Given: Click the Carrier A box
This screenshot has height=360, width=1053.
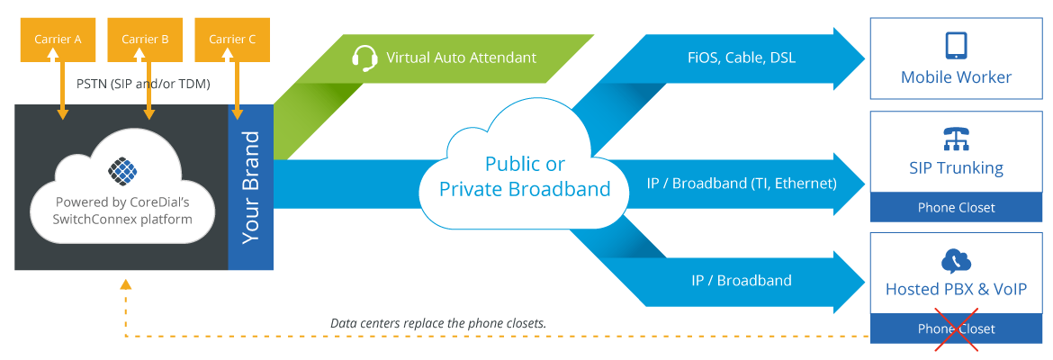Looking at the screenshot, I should coord(58,40).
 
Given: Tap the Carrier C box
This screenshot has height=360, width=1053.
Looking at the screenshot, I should coord(232,40).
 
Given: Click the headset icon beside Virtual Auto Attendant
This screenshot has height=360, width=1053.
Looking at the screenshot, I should coord(364,58).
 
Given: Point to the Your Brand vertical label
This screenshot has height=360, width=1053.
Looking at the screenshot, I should coord(251,187).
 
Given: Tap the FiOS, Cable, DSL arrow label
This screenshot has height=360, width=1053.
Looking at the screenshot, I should coord(742,58).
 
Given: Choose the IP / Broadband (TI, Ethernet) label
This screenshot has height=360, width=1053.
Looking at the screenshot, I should coord(742,183).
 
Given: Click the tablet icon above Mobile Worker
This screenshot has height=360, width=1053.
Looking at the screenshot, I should coord(955,45).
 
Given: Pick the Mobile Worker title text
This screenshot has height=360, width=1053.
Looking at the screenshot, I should coord(956,77).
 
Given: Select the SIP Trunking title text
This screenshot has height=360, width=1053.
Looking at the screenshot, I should coord(956,168).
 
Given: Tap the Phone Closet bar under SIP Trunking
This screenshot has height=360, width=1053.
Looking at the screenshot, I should coord(956,208).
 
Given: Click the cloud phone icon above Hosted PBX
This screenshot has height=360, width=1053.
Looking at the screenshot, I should coord(956,260).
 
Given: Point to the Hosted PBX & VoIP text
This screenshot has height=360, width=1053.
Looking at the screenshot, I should coord(956,289).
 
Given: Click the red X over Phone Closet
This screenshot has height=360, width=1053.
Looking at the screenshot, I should coord(956,329).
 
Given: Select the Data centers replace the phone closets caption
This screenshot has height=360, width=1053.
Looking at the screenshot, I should coord(438,322).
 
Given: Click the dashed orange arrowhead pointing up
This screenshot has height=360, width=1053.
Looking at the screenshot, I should coord(125,285).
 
